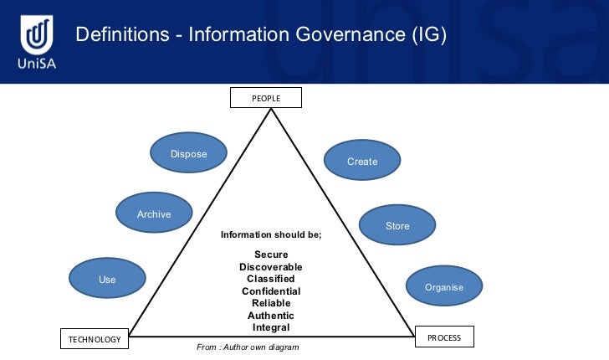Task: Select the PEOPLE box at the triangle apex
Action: pos(266,99)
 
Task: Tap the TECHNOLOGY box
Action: pos(95,339)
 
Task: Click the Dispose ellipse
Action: pos(188,153)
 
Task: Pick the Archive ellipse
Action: pos(154,213)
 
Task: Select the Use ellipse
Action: pos(107,279)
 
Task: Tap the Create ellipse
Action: pos(362,161)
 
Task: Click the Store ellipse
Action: pos(397,226)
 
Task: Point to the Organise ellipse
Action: pos(443,287)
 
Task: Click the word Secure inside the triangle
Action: pos(271,255)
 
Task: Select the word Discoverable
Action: pos(271,266)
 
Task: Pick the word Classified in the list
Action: pos(271,278)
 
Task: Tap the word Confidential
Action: pos(271,291)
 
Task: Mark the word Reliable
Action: pos(271,303)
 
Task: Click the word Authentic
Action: pos(271,315)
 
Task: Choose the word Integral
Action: pos(271,327)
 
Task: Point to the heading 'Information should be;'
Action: pos(271,235)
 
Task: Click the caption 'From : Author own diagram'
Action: pos(248,347)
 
